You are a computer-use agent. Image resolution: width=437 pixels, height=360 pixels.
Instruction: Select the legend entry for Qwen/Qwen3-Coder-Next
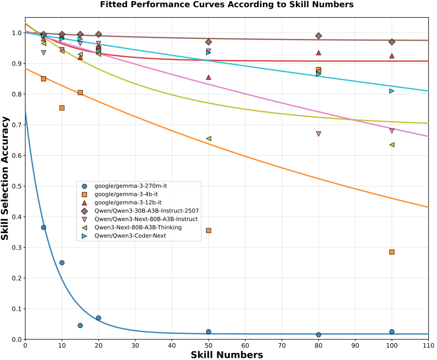pos(130,236)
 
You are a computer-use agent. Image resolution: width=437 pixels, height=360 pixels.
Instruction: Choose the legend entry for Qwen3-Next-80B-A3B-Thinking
pos(137,228)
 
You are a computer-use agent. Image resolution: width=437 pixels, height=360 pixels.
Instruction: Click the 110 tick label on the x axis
pos(428,346)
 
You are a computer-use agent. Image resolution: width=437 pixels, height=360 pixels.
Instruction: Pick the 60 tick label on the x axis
pos(245,346)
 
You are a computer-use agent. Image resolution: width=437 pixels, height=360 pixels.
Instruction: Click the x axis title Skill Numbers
pos(227,355)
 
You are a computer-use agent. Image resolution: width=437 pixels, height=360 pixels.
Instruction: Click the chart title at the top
pos(227,5)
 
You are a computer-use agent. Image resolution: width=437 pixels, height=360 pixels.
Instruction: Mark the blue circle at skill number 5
pos(44,228)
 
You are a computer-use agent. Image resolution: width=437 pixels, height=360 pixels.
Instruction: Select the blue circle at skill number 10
pos(62,263)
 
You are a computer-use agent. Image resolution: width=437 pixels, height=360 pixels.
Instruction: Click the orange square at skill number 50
pos(208,230)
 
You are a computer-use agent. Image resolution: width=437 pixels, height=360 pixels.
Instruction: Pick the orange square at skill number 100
pos(392,252)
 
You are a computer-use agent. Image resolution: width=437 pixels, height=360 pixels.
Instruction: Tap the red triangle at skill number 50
pos(208,77)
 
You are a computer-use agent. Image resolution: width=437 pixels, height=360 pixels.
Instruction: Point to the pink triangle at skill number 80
pos(319,134)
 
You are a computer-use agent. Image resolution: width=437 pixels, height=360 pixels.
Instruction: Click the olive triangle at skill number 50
pos(208,138)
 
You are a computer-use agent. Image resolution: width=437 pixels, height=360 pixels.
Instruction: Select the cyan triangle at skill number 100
pos(392,91)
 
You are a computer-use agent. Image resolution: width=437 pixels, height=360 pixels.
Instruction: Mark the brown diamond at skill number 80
pos(319,36)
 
